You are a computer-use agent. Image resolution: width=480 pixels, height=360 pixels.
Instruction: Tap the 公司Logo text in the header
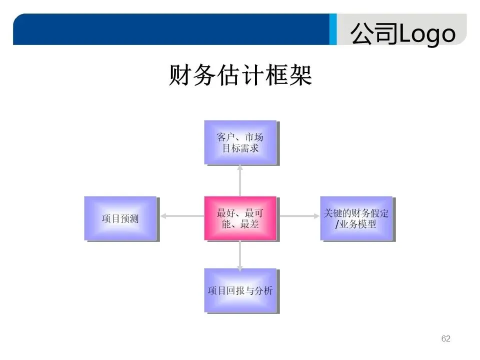click(x=402, y=34)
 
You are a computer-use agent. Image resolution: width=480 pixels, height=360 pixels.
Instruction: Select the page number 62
click(x=446, y=339)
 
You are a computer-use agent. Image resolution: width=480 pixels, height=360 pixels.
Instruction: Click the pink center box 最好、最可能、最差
click(x=240, y=218)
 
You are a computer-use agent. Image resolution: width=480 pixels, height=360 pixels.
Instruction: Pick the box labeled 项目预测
click(x=120, y=218)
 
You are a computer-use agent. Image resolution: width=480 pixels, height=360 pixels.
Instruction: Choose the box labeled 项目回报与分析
click(x=240, y=290)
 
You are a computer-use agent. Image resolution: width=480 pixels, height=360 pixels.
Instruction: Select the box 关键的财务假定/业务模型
click(x=356, y=218)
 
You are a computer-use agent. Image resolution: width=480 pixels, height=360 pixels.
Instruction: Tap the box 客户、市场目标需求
click(x=240, y=142)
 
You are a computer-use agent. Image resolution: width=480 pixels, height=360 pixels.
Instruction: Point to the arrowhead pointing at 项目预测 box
click(x=163, y=216)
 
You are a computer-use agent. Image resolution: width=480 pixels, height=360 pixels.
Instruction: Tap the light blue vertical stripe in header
click(x=332, y=29)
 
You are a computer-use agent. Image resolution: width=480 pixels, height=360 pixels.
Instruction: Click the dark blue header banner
click(x=170, y=29)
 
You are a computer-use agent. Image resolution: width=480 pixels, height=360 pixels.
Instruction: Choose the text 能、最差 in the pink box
click(x=240, y=224)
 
